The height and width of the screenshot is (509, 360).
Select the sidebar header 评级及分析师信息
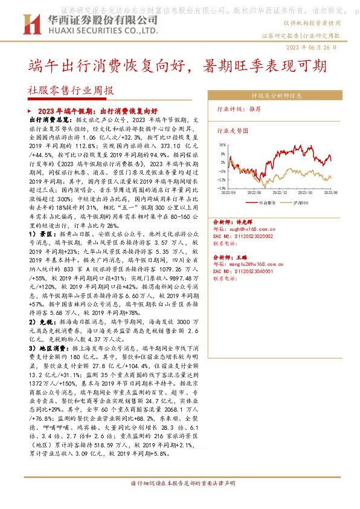point(277,96)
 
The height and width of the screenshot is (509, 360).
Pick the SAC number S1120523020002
point(253,236)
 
